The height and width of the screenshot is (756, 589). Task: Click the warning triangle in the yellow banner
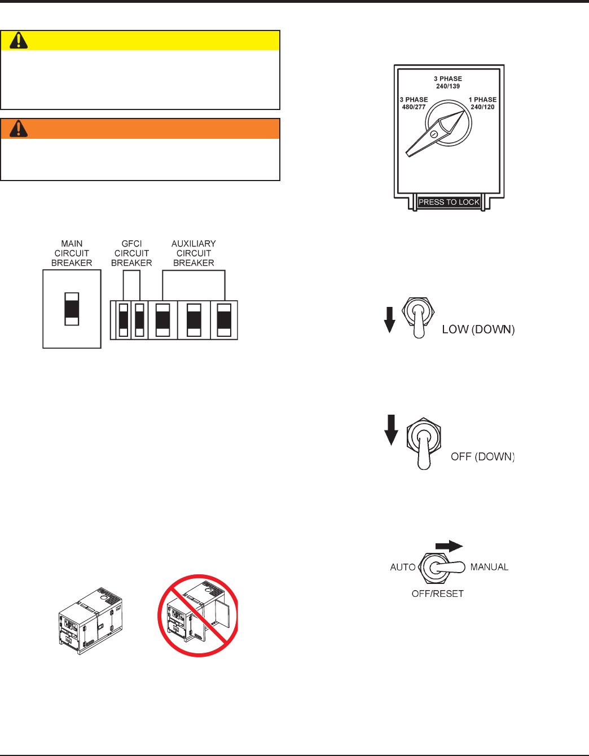pos(19,41)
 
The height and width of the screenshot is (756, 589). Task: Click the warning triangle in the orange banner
pos(19,129)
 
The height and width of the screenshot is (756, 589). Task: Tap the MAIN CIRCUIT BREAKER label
pos(72,253)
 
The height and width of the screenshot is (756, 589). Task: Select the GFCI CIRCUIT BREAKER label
pos(131,253)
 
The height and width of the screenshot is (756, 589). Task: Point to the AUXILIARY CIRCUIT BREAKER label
pos(194,253)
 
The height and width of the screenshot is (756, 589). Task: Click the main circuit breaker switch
pos(72,309)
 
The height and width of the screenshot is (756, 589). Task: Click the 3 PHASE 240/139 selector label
pos(448,82)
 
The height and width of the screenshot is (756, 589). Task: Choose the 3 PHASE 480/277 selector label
pos(414,103)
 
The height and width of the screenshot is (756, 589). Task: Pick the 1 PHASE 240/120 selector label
pos(482,103)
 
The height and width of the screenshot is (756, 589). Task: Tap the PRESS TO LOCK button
pos(449,202)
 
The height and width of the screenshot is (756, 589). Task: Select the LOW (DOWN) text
pos(478,329)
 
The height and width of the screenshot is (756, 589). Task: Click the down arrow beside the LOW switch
pos(389,320)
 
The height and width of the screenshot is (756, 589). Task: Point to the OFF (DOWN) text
pos(482,456)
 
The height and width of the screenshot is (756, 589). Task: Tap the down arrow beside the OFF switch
pos(391,430)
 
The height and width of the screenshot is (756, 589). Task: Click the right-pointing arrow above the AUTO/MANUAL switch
pos(449,546)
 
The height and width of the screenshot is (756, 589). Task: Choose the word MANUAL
pos(489,567)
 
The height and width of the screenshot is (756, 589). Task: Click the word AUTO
pos(403,567)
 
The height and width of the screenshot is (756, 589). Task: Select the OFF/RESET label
pos(437,594)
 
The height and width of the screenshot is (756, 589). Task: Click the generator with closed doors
pos(91,621)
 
